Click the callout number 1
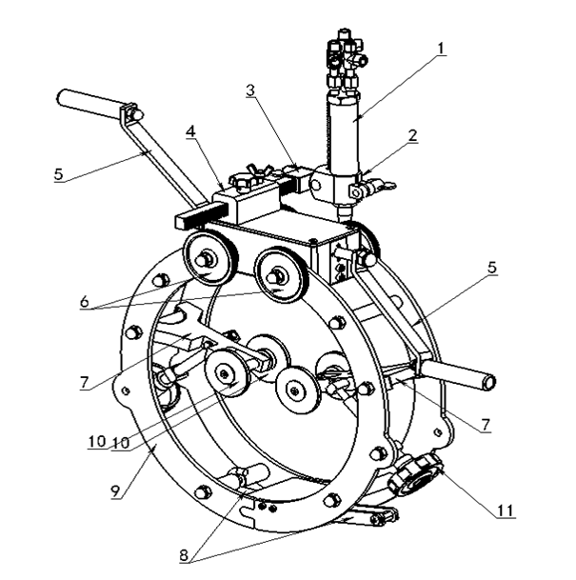pyautogui.click(x=440, y=46)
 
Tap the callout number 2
pyautogui.click(x=412, y=135)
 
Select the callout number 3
pyautogui.click(x=250, y=91)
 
